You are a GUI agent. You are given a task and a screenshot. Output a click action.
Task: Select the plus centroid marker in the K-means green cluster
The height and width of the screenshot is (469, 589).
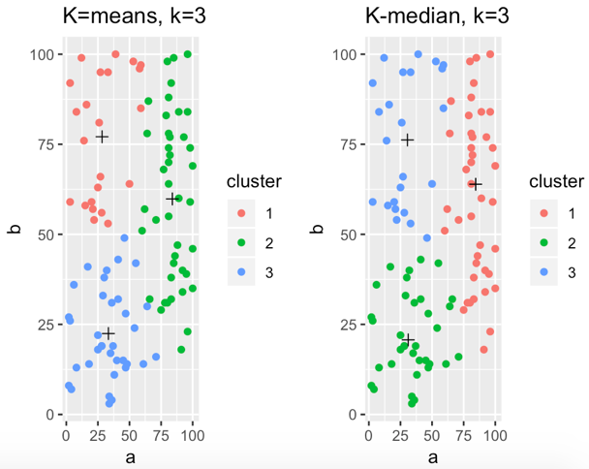[172, 199]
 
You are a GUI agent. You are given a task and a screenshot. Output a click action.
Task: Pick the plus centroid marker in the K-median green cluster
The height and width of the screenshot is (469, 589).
[408, 338]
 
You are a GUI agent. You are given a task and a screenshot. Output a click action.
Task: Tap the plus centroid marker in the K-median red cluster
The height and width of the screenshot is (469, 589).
[476, 184]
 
